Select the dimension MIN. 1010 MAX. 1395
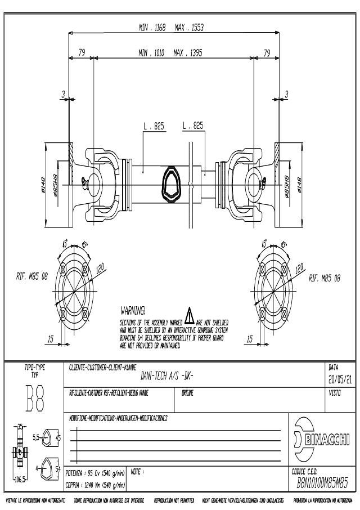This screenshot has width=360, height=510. (170, 53)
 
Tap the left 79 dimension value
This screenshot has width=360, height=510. (82, 53)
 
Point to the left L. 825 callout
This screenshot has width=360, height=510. (154, 127)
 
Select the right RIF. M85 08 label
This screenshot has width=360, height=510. (325, 278)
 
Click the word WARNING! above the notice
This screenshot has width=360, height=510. (133, 310)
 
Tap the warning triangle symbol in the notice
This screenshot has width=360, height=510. (190, 312)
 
